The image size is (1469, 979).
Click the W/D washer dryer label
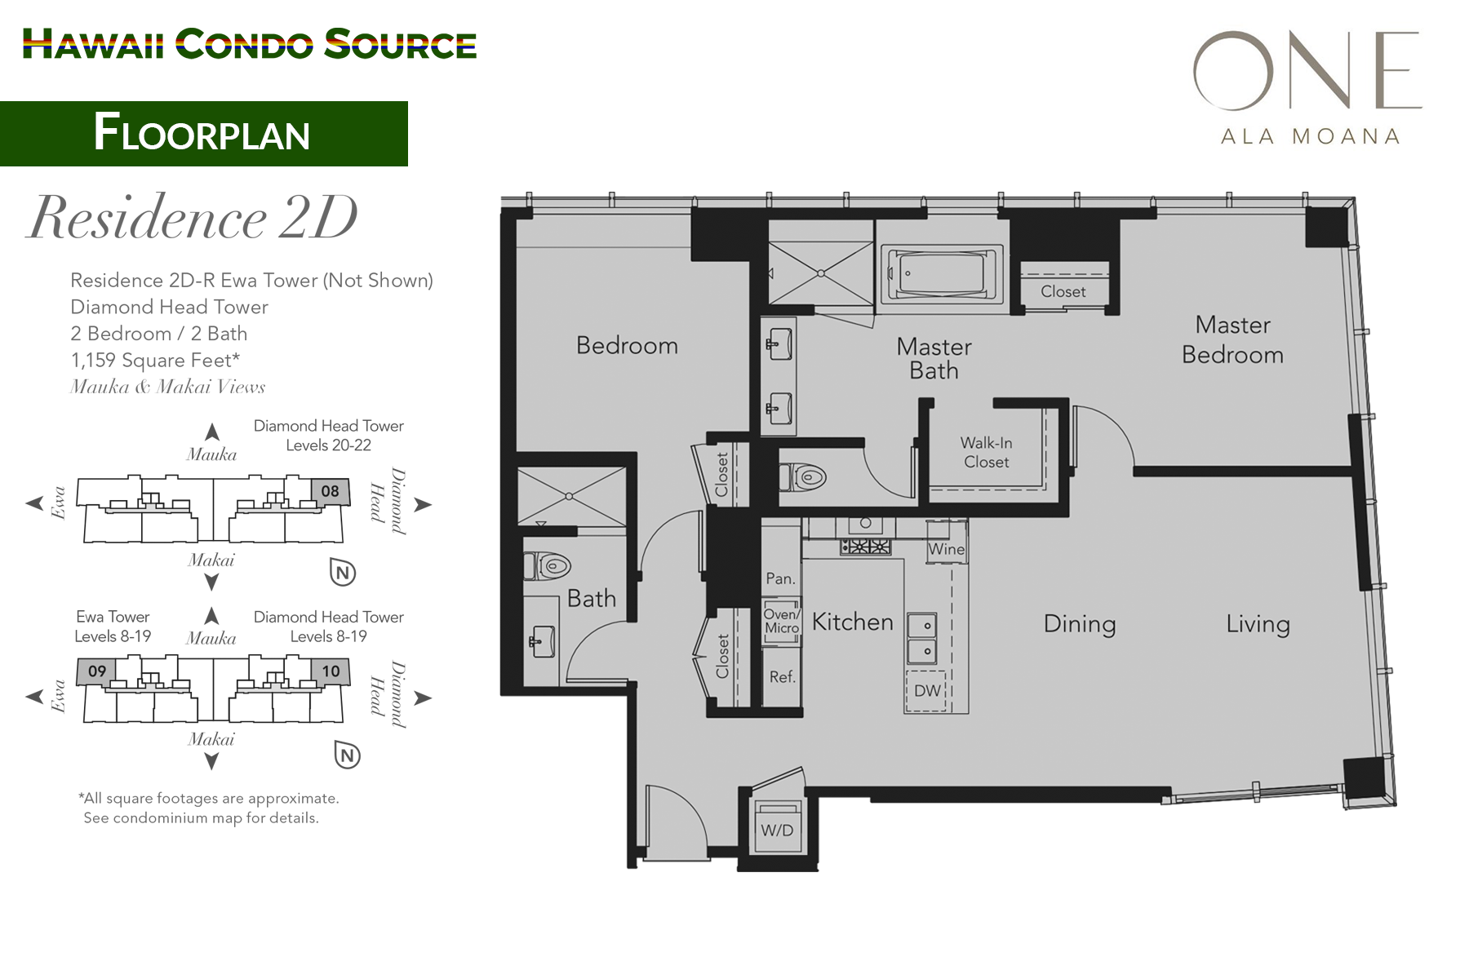777,831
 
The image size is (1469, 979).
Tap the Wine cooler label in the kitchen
946,550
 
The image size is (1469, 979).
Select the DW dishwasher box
926,691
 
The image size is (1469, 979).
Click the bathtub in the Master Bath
940,274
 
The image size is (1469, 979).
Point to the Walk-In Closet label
986,453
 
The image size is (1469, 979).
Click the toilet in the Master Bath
804,476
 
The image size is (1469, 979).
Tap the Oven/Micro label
781,622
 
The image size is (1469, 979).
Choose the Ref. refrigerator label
782,677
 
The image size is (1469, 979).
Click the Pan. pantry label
780,579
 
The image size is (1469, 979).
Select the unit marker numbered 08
330,491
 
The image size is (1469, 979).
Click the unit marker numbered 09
97,671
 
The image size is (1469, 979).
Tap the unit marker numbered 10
331,671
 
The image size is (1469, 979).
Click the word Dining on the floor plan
1079,624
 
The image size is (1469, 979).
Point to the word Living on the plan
1258,624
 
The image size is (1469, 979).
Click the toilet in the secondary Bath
548,565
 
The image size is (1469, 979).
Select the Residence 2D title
193,219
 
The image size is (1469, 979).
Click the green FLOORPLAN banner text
202,133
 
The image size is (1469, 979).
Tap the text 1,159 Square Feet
155,360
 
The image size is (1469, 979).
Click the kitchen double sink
922,638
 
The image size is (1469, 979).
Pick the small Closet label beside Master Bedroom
1063,291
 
